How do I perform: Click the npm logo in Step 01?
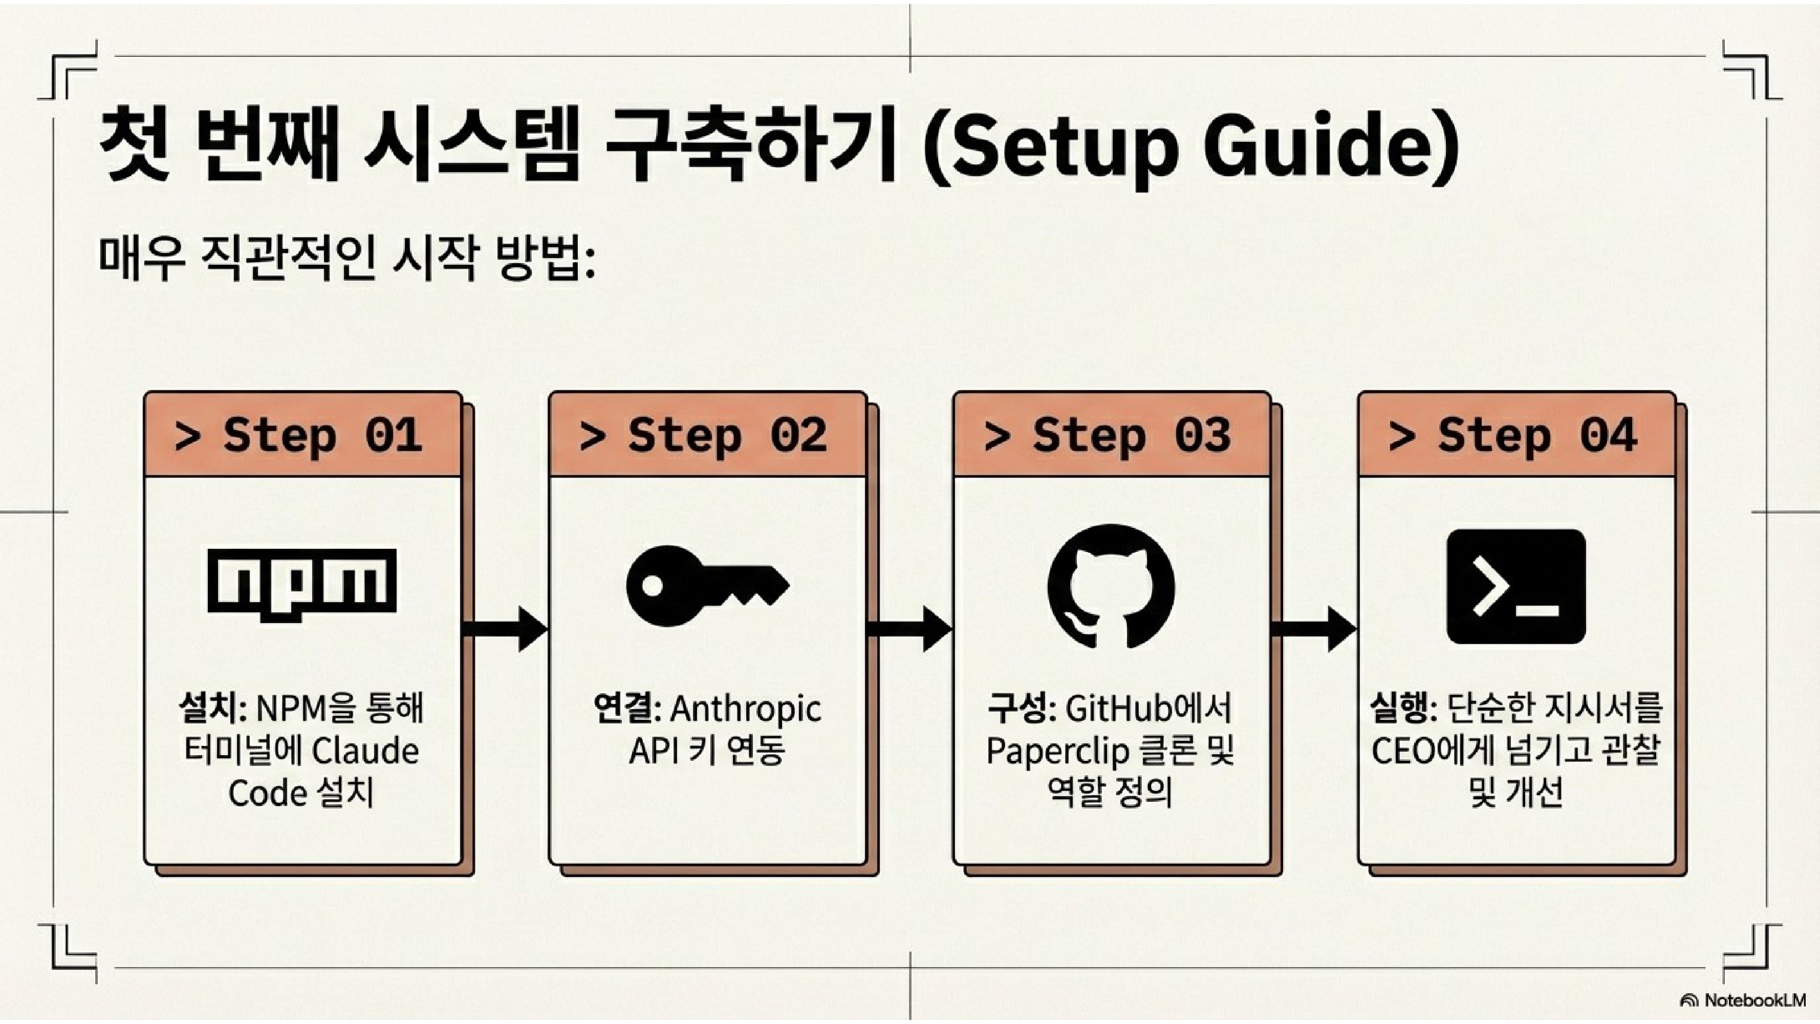click(301, 584)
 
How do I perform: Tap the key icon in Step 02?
click(706, 586)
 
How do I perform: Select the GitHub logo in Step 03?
click(1111, 586)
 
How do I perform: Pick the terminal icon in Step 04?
click(1516, 586)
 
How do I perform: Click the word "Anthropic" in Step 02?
click(745, 709)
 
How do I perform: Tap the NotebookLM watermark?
click(1745, 1000)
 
